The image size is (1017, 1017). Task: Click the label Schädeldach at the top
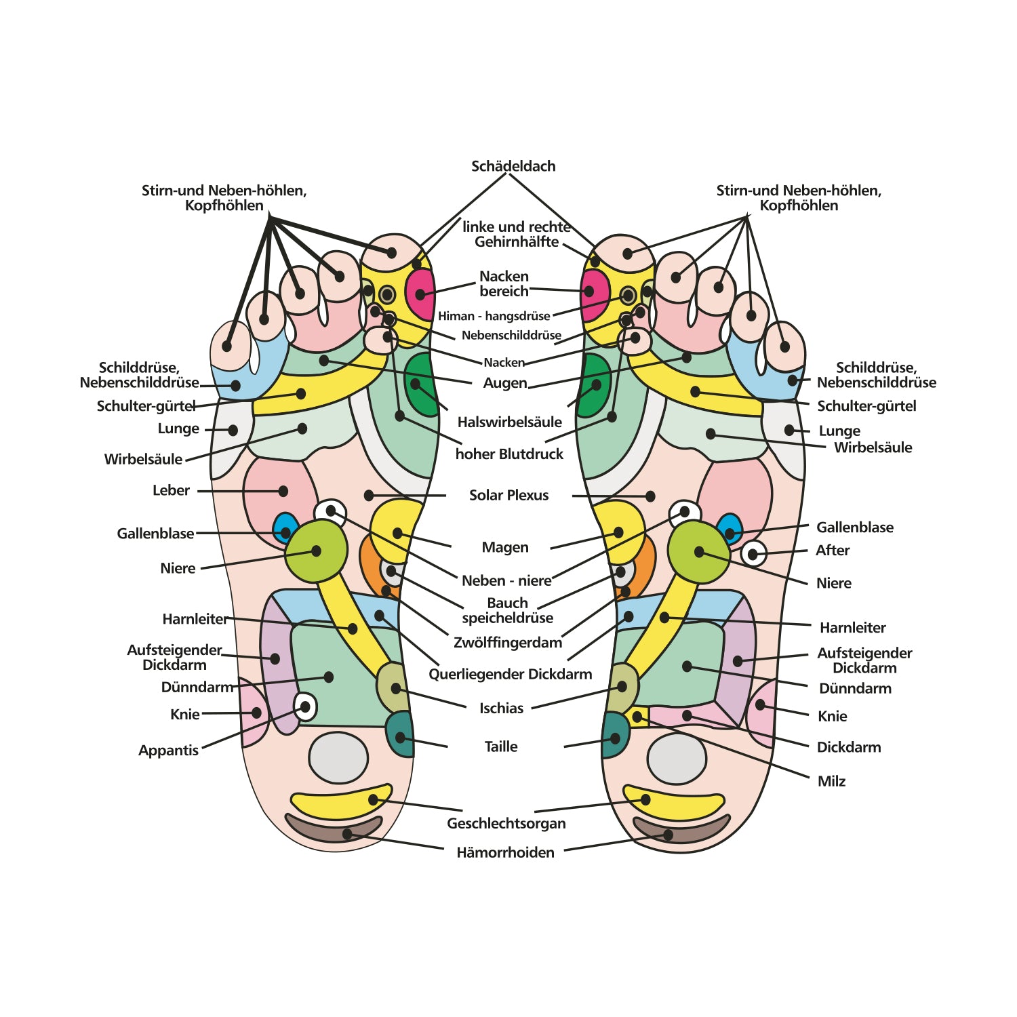pyautogui.click(x=513, y=166)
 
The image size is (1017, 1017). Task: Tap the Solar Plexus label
pyautogui.click(x=509, y=495)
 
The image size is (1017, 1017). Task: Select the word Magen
pyautogui.click(x=504, y=547)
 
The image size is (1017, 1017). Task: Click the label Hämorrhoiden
pyautogui.click(x=505, y=852)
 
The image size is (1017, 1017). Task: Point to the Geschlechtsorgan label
pyautogui.click(x=506, y=823)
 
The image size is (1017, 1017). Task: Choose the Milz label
pyautogui.click(x=831, y=781)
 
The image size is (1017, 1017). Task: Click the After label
pyautogui.click(x=832, y=550)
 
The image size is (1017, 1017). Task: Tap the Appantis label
pyautogui.click(x=168, y=750)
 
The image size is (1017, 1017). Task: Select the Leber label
pyautogui.click(x=171, y=490)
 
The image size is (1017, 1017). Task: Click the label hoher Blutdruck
pyautogui.click(x=509, y=454)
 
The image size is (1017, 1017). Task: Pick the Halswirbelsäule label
pyautogui.click(x=509, y=422)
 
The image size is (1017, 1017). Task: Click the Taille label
pyautogui.click(x=500, y=746)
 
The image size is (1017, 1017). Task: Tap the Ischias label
pyautogui.click(x=501, y=708)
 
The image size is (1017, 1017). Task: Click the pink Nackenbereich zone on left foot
pyautogui.click(x=421, y=294)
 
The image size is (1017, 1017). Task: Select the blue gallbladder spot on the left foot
pyautogui.click(x=285, y=525)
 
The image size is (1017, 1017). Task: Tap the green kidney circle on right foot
pyautogui.click(x=698, y=552)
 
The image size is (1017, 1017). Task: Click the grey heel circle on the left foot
pyautogui.click(x=338, y=758)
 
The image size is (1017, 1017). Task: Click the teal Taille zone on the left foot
pyautogui.click(x=400, y=734)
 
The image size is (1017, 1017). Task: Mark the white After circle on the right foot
pyautogui.click(x=753, y=554)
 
